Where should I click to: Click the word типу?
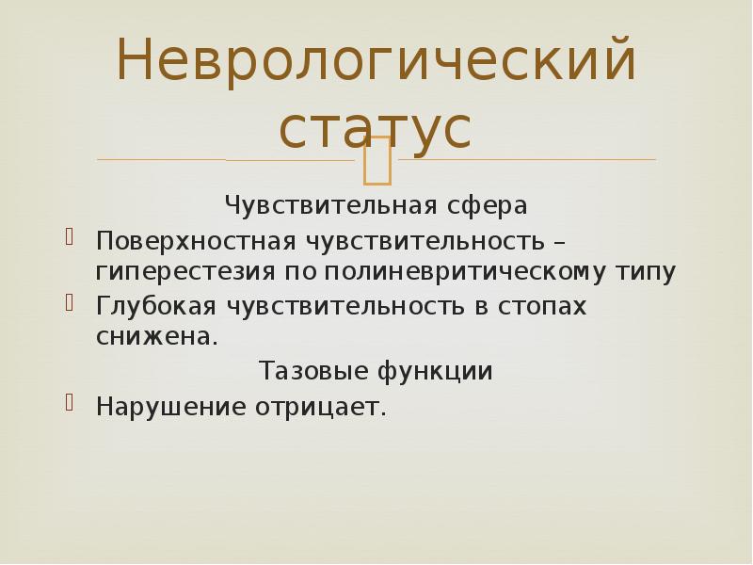(x=646, y=273)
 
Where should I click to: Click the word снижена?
(x=155, y=338)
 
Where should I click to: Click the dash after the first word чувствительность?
(x=560, y=240)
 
